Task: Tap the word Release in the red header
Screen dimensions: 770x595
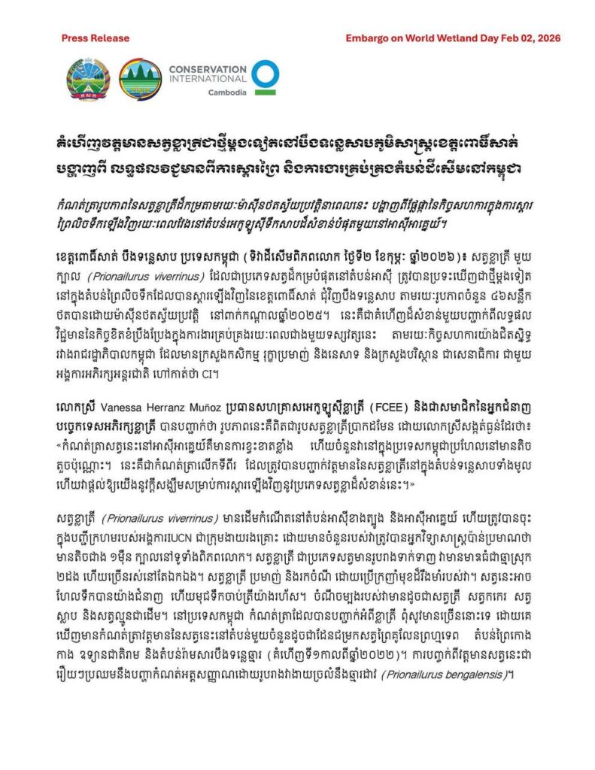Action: tap(110, 38)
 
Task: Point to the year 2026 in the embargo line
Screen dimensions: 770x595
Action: tap(548, 38)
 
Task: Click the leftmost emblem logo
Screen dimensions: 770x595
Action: tap(90, 79)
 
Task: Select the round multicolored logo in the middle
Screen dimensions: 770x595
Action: tap(140, 79)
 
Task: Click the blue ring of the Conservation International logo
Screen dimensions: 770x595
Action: tap(266, 75)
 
